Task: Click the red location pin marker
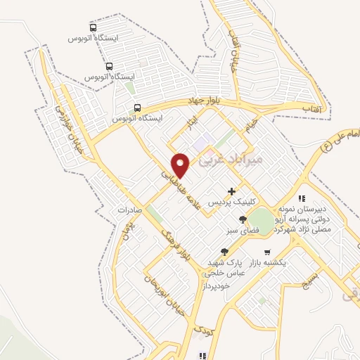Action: pos(182,165)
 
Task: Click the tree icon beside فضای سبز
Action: pos(243,220)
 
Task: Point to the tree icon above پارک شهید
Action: pos(224,252)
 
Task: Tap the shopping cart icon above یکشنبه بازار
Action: pos(266,252)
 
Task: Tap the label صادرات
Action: pos(130,210)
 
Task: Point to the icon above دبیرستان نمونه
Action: pos(302,199)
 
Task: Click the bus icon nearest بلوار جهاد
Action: pos(136,108)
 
